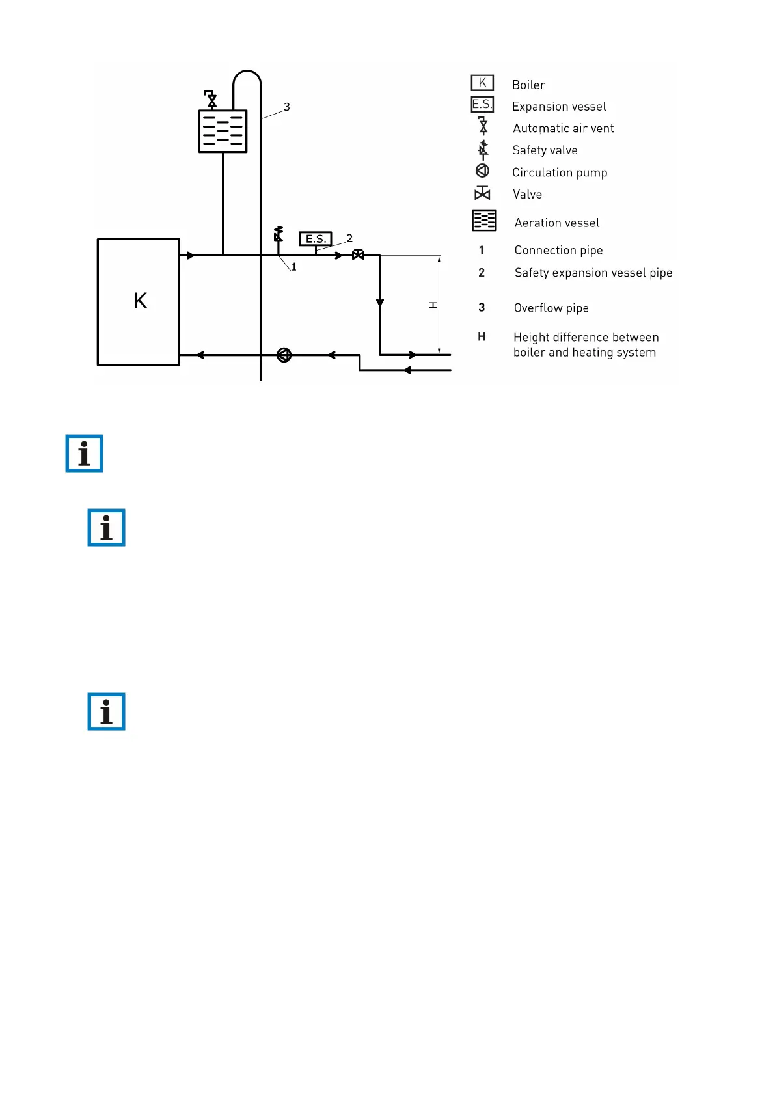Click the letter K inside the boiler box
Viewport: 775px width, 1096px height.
click(140, 301)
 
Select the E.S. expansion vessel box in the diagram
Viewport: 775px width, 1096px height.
click(316, 239)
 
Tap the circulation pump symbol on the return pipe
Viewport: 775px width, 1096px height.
click(284, 355)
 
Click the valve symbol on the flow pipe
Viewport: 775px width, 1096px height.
click(358, 255)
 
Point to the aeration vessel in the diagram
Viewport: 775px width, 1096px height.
click(223, 131)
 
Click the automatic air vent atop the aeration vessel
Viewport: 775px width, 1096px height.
click(211, 99)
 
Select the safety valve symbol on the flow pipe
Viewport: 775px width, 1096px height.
click(279, 234)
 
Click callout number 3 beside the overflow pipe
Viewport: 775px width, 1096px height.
click(286, 107)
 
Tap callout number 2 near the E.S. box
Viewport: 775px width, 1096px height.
click(349, 238)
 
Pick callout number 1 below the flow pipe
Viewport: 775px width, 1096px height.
click(294, 267)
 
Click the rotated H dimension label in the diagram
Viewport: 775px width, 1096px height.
click(433, 305)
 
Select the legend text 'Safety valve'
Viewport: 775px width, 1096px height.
click(545, 150)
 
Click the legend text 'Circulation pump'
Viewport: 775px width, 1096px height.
click(560, 172)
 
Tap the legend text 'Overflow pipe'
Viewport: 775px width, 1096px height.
click(551, 308)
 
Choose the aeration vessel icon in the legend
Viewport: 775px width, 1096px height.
click(484, 221)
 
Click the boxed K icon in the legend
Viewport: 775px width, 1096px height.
click(482, 83)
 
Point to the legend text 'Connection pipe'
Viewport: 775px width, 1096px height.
click(558, 251)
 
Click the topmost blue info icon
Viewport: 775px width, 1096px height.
click(85, 453)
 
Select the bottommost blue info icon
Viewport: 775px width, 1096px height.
click(106, 711)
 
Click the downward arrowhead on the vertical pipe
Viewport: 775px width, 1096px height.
click(380, 303)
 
